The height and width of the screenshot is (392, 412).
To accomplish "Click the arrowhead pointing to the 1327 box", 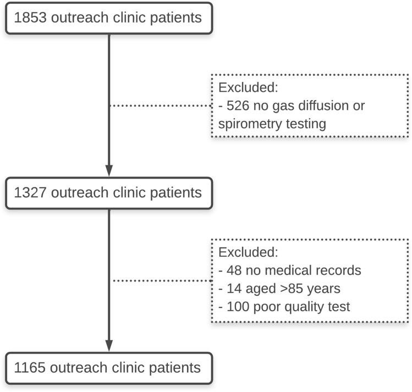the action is tap(109, 170).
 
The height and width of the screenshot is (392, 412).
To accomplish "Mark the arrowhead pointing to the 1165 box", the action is tap(109, 345).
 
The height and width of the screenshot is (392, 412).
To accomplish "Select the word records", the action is tap(342, 270).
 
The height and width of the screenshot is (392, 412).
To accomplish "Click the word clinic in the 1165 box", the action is tap(124, 367).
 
